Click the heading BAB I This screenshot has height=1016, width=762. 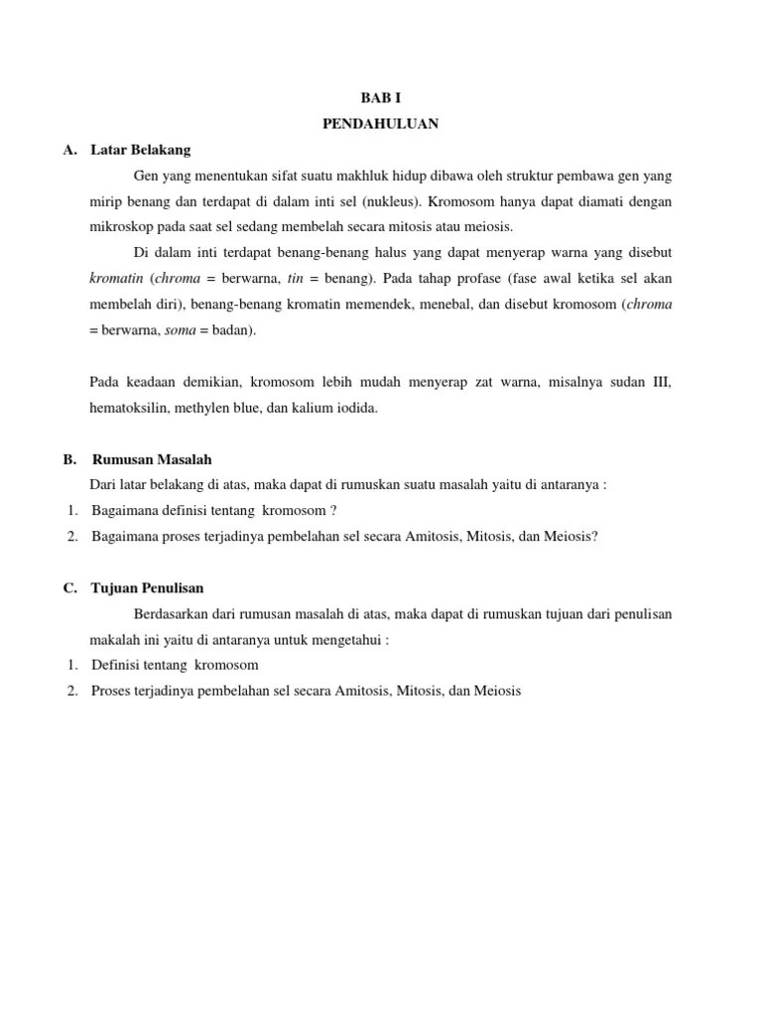click(x=381, y=98)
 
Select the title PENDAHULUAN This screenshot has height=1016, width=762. click(x=381, y=124)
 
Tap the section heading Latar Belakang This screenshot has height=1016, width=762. click(x=140, y=151)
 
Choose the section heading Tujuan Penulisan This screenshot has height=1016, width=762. click(x=147, y=588)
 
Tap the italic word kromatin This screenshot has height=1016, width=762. click(x=113, y=279)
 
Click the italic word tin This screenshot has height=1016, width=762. click(x=295, y=279)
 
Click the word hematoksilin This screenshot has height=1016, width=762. click(x=125, y=408)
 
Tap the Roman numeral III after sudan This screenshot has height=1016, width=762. click(x=662, y=382)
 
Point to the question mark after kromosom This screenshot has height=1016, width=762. click(x=333, y=511)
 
